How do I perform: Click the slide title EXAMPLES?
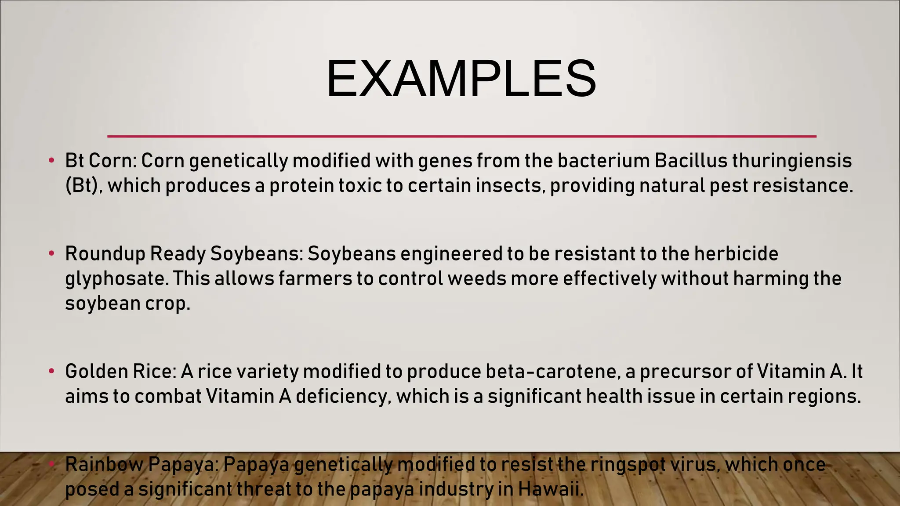[x=461, y=80]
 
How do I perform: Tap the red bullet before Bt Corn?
[x=51, y=160]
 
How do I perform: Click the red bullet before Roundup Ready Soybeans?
[x=51, y=253]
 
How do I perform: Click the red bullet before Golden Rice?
[x=51, y=371]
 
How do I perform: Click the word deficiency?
[x=343, y=397]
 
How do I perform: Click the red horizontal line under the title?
[x=461, y=136]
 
